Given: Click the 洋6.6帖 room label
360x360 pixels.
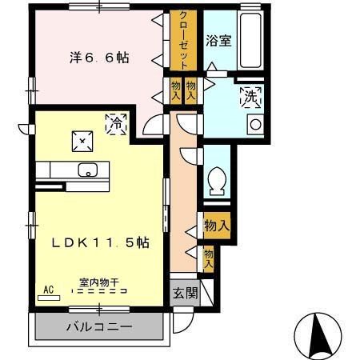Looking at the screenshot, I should [x=98, y=58].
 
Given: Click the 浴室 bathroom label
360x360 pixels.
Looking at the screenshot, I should [x=218, y=40].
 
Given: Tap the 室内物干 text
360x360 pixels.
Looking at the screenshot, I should [x=99, y=282].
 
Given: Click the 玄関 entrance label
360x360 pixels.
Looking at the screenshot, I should [x=186, y=293].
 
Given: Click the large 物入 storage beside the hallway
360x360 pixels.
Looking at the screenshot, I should [x=216, y=226].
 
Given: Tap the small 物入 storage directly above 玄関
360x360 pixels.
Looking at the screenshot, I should [x=208, y=258].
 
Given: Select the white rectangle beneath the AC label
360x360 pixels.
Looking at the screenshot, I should [x=49, y=298].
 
